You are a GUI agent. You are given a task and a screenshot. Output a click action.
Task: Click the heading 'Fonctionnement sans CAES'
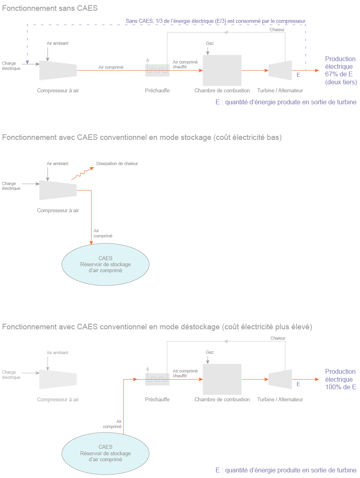coord(50,8)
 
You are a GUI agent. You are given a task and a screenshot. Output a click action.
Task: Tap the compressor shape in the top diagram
coord(58,70)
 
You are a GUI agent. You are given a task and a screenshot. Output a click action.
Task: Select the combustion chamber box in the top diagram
coord(222,70)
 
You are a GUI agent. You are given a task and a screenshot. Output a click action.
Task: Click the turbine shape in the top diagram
coord(280,70)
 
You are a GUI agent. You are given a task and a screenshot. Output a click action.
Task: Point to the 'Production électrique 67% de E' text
coord(340,70)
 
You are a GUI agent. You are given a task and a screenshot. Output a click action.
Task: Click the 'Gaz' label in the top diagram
coord(210,43)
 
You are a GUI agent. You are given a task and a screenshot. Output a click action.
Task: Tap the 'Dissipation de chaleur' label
coord(117,163)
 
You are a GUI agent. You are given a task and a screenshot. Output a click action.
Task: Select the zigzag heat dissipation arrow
coord(82,174)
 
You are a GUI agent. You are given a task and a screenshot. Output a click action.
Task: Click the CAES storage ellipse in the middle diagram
coord(105,264)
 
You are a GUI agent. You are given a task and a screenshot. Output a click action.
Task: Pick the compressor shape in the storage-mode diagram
coord(58,189)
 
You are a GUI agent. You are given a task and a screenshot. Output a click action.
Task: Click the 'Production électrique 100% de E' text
coord(340,379)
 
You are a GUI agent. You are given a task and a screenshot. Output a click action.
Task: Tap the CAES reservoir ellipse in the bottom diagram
coord(105,453)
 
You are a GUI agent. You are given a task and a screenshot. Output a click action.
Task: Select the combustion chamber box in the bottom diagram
coord(222,379)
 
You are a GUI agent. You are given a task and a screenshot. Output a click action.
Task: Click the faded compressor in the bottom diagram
coord(58,379)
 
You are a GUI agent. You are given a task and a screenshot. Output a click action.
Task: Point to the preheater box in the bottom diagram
coord(157,379)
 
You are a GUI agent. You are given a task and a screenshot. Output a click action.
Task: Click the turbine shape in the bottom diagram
coord(280,379)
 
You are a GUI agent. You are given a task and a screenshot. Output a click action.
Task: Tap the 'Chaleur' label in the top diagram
coord(277,30)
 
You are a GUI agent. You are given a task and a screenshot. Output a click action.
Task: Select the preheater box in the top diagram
coord(157,71)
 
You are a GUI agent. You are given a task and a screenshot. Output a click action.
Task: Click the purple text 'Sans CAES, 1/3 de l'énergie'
coord(216,20)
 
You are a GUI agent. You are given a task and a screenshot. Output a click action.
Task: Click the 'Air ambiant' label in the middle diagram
coord(58,163)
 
